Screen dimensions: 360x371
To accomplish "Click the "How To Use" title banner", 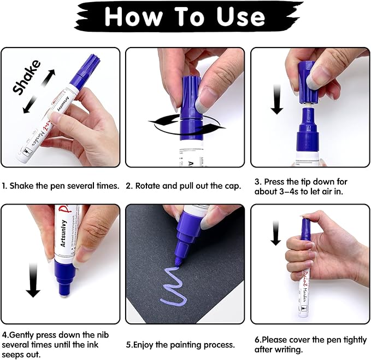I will (186, 17).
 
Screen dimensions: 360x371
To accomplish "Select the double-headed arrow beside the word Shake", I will (37, 93).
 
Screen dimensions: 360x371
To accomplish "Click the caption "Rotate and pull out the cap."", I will (183, 185).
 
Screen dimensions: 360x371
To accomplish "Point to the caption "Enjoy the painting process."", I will (180, 345).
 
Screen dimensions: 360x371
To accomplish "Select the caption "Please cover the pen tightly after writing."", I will (309, 344).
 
